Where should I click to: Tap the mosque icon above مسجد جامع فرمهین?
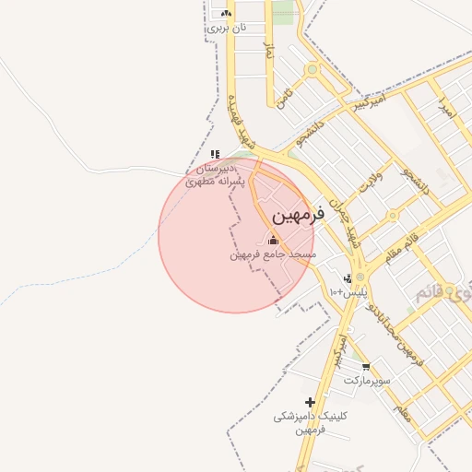click(272, 241)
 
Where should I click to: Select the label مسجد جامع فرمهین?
click(273, 254)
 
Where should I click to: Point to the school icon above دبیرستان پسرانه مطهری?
click(215, 155)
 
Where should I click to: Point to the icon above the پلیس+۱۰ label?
click(348, 278)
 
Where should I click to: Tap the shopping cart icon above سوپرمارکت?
click(366, 367)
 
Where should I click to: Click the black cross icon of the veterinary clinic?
click(310, 402)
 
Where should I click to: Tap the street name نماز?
click(268, 53)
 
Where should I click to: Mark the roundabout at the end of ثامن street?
click(313, 68)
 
